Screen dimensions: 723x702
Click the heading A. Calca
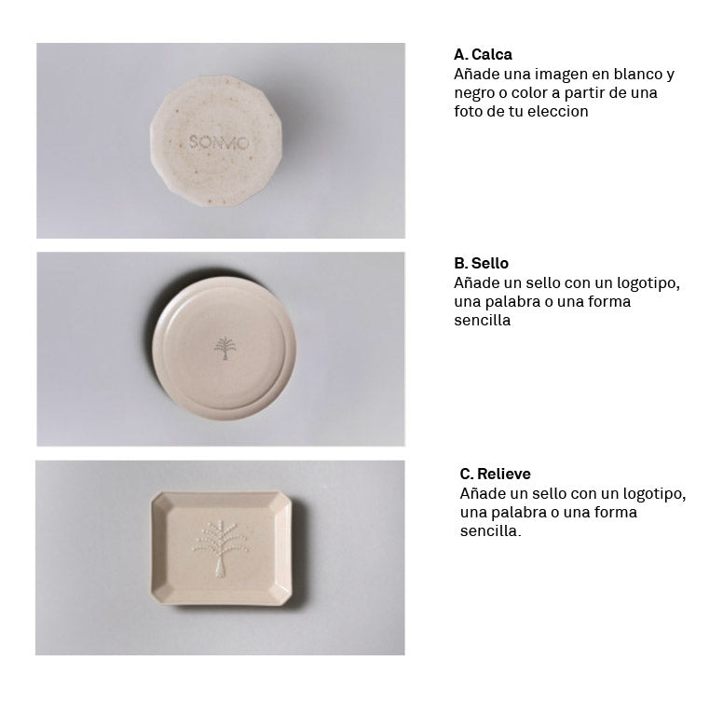coord(483,54)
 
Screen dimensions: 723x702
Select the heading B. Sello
coord(481,263)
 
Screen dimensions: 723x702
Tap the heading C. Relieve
coord(495,474)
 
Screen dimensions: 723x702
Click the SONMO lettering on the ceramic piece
coord(219,142)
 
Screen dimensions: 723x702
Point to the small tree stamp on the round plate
coord(225,348)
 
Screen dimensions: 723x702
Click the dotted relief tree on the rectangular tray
coord(220,549)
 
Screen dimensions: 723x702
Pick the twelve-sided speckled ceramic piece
coord(216,141)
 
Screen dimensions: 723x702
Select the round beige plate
coord(225,349)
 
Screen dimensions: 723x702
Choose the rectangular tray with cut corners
coord(222,548)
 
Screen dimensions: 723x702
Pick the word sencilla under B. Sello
coord(483,321)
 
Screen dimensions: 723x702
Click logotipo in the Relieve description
coord(654,494)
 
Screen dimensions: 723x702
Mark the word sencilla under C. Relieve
coord(490,530)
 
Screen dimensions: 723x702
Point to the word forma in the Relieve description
coord(615,513)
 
